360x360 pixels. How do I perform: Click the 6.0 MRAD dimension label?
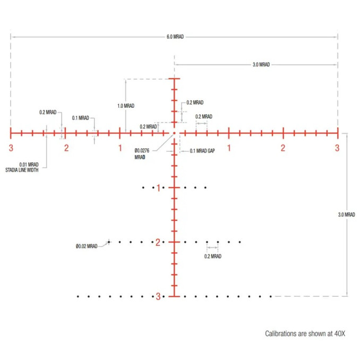(x=175, y=37)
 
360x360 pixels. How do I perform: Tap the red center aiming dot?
(x=174, y=133)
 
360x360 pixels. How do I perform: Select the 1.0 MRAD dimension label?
(x=126, y=106)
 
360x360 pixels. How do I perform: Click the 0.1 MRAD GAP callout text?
(x=202, y=151)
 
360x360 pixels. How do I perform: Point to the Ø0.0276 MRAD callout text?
(x=142, y=154)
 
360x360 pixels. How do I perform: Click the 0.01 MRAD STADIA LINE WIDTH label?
(x=22, y=167)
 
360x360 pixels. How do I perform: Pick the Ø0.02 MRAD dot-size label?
(x=87, y=246)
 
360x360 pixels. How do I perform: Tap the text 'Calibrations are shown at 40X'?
(x=305, y=333)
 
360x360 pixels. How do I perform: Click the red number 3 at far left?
(x=11, y=148)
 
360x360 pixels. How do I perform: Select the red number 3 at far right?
(x=337, y=148)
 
